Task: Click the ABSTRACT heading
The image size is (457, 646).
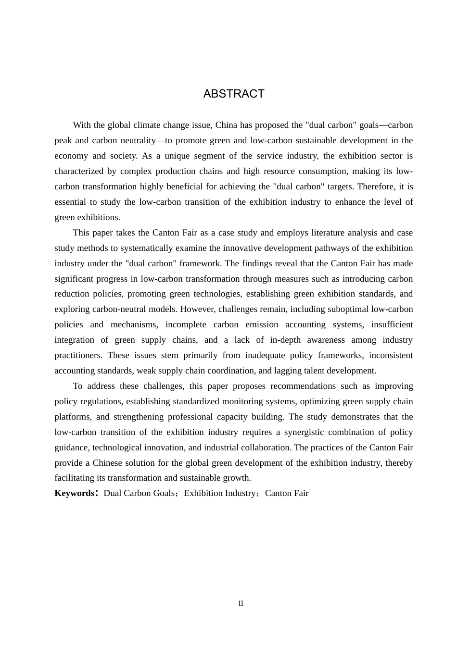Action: (x=234, y=94)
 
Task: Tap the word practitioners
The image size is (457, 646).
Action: (x=78, y=355)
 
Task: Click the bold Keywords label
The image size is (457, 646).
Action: (x=75, y=493)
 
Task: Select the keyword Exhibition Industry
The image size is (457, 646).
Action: (x=220, y=493)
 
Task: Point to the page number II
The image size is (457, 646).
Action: (x=241, y=603)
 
